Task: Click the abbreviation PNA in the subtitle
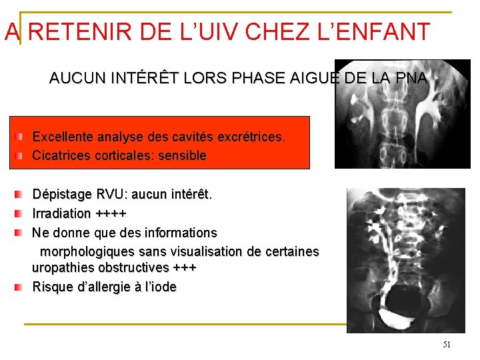click(411, 78)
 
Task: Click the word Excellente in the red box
click(63, 137)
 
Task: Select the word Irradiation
click(61, 214)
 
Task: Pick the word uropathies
click(62, 267)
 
